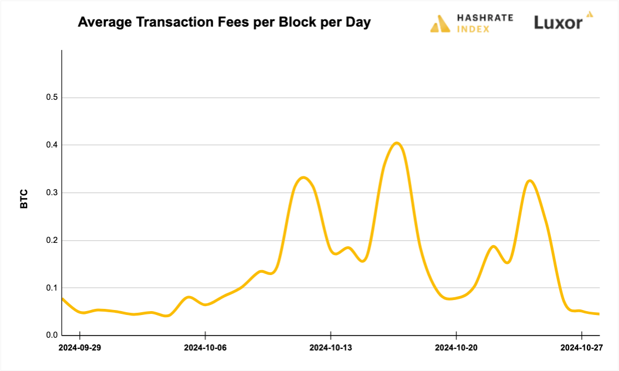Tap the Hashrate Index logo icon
(x=441, y=24)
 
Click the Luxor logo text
(x=558, y=23)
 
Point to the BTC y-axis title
(x=24, y=199)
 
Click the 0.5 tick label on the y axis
(x=52, y=98)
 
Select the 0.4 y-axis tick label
(x=52, y=145)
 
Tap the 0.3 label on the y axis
(x=52, y=193)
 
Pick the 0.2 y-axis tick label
(x=52, y=241)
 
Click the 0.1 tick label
(x=52, y=288)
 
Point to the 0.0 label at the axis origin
(x=52, y=335)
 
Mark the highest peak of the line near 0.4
(x=397, y=143)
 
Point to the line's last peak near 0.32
(x=530, y=181)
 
